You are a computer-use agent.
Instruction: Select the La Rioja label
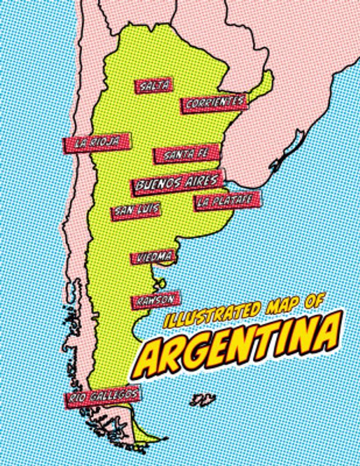[96, 142]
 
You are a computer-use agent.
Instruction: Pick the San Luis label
[136, 210]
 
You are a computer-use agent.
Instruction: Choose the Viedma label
[151, 257]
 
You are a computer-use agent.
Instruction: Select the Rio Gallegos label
[103, 397]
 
